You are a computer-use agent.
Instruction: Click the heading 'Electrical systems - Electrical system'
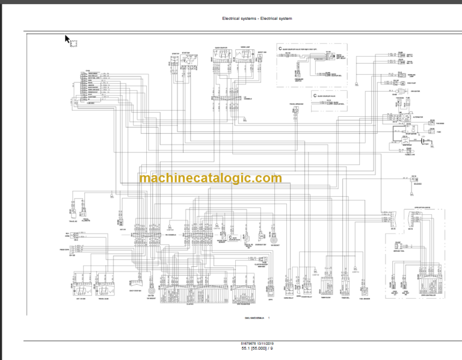[256, 18]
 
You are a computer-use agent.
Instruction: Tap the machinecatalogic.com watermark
[210, 178]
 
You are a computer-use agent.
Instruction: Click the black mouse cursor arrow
[68, 40]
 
